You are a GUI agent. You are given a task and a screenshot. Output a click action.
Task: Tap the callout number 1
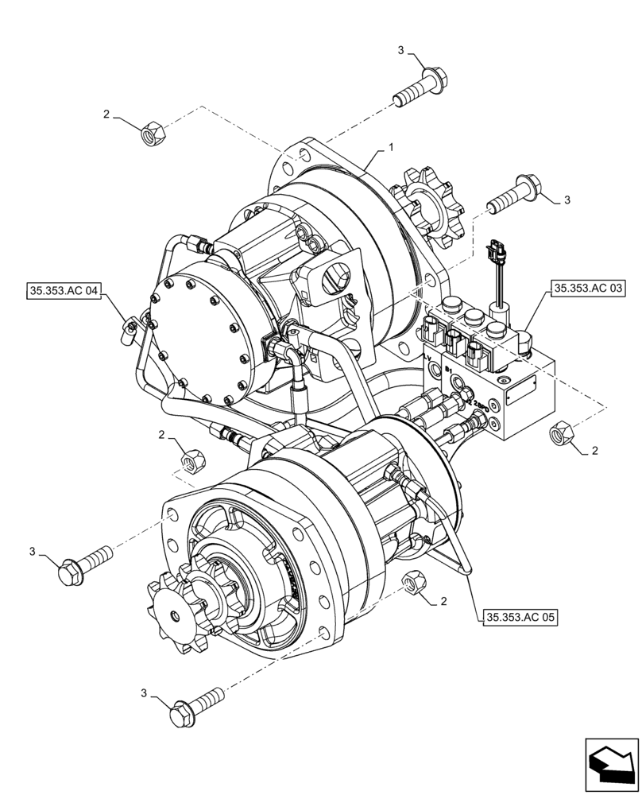click(x=391, y=148)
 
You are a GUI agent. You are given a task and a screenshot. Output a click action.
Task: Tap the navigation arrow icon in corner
click(x=611, y=763)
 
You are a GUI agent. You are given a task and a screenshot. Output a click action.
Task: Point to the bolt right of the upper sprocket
click(x=513, y=195)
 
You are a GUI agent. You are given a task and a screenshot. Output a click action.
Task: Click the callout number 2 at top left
click(x=106, y=114)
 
